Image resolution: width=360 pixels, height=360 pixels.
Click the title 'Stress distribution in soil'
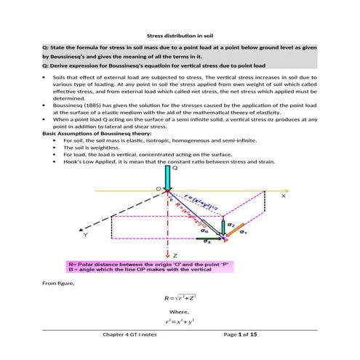point(180,35)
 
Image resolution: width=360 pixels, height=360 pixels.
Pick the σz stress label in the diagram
point(231,225)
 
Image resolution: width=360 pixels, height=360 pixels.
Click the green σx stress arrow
point(212,236)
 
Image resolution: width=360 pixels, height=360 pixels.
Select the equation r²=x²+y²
point(179,321)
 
